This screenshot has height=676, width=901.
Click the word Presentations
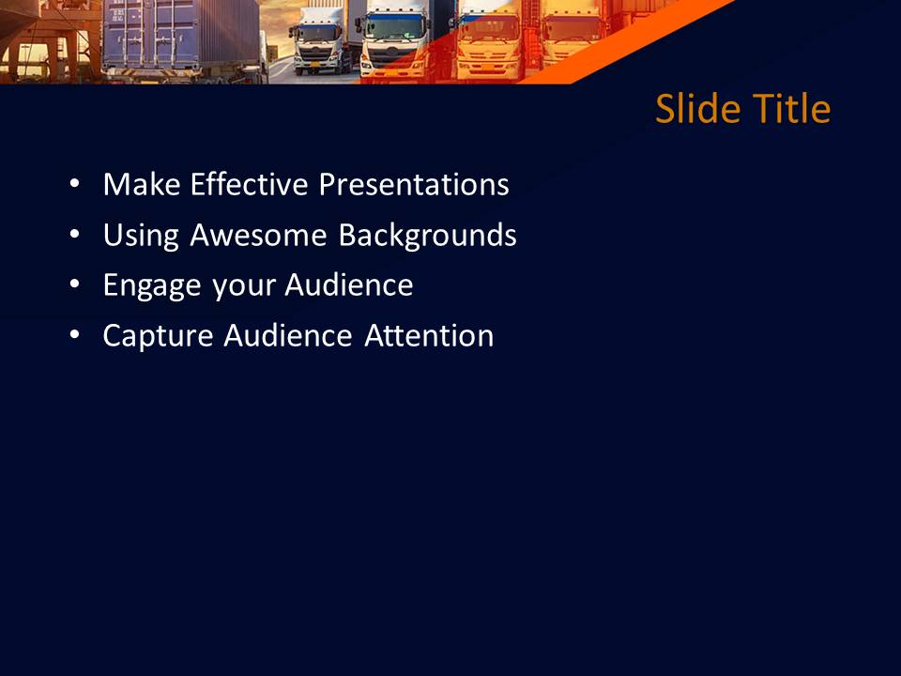[x=414, y=184]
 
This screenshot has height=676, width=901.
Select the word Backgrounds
[x=427, y=235]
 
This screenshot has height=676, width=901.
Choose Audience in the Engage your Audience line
[x=349, y=285]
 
